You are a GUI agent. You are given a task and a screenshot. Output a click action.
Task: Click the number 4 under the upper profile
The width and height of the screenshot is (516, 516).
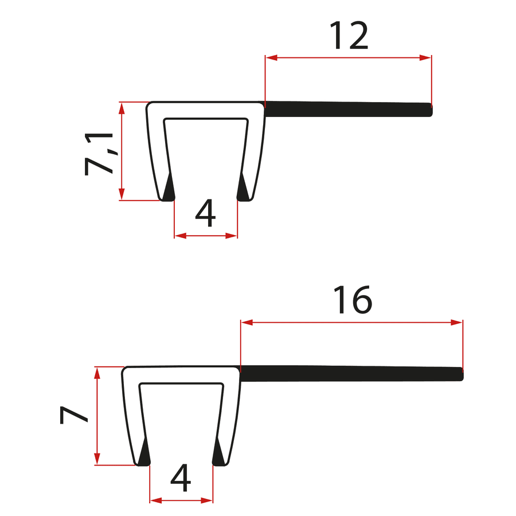[205, 213]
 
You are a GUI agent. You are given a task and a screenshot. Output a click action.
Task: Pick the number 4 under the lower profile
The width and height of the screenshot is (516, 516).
[181, 478]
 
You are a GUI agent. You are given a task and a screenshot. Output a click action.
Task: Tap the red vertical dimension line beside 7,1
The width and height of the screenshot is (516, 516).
[122, 151]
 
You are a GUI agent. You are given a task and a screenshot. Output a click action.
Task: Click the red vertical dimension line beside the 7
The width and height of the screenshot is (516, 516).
[97, 416]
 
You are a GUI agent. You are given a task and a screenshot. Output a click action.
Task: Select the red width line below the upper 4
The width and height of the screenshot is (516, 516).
[205, 235]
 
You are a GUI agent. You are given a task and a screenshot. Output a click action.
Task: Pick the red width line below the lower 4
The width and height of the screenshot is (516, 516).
[181, 501]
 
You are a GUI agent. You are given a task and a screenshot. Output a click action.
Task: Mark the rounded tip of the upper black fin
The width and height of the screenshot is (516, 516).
[430, 110]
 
